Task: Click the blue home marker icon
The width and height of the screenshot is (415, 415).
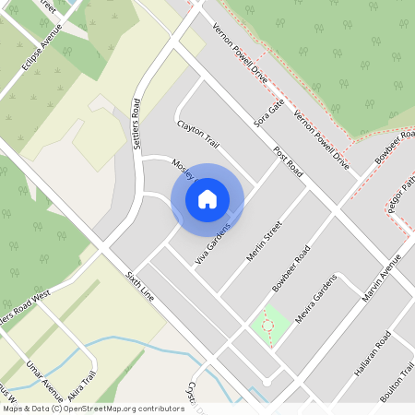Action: pos(207,198)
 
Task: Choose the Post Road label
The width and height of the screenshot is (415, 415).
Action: pos(288,160)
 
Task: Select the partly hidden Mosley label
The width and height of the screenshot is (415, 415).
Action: pos(182,168)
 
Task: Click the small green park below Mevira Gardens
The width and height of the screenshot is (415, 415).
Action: pos(268,324)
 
